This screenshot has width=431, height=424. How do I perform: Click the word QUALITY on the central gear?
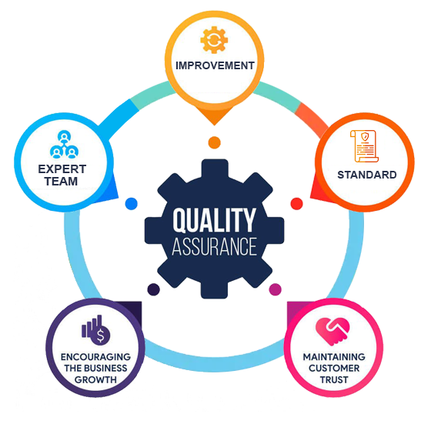point(215,220)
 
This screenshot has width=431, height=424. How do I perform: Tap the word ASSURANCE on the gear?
point(215,246)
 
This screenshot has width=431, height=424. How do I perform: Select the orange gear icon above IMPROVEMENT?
point(214,40)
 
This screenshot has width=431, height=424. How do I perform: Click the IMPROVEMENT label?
point(215,65)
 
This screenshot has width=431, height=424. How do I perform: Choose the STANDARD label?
point(367,175)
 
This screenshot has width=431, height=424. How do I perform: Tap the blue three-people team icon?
point(64,145)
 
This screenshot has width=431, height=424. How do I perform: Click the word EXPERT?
point(62,169)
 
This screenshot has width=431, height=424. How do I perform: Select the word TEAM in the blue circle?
point(62,182)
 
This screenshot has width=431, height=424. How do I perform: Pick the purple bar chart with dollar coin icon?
point(96,330)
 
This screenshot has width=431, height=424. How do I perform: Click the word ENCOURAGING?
point(95,357)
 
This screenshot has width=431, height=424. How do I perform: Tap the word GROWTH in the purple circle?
point(95,380)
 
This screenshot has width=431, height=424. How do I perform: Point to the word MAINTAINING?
point(334,357)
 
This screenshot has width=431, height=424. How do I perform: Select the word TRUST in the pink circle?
point(334,380)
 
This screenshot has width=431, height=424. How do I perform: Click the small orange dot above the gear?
point(215,142)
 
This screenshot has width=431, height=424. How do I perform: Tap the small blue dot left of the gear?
point(131,204)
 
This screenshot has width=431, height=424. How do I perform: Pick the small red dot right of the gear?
point(296,204)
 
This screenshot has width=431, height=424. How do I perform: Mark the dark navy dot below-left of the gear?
point(154,289)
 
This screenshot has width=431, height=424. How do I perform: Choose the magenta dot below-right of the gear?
point(276,289)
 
